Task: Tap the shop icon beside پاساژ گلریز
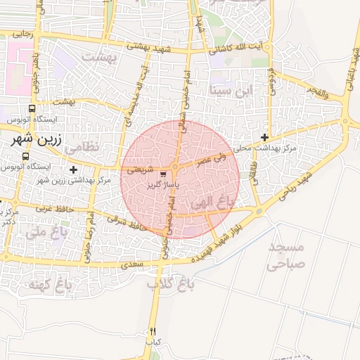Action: (x=164, y=174)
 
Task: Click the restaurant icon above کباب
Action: (x=153, y=331)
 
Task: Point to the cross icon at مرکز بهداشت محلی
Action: (x=264, y=137)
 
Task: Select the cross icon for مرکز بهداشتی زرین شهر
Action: (x=73, y=169)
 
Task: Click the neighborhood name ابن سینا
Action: (x=230, y=91)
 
